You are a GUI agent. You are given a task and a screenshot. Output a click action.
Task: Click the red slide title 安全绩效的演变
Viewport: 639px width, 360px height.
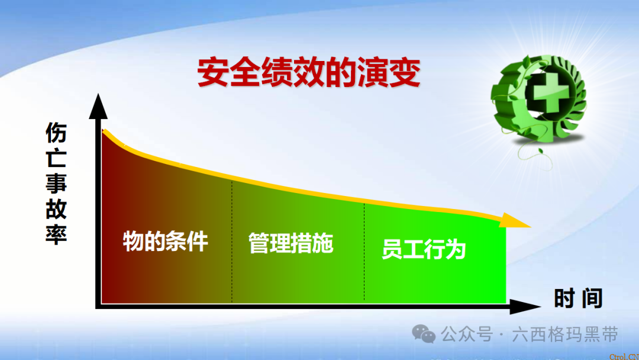point(308,73)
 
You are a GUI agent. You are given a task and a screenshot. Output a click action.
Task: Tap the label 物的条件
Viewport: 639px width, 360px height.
point(166,242)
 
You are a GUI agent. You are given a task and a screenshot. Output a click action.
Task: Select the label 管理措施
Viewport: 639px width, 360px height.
point(291,243)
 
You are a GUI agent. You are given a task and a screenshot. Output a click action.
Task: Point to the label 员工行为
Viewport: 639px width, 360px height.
point(424,249)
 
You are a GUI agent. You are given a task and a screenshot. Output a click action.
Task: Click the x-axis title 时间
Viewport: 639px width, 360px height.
point(577,298)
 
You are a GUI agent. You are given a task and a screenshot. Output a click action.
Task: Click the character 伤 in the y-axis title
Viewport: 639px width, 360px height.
point(57,133)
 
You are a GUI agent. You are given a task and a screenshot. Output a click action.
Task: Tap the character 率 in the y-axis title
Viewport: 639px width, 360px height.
point(57,232)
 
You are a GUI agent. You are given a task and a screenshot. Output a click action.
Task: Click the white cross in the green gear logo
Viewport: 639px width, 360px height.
point(541,94)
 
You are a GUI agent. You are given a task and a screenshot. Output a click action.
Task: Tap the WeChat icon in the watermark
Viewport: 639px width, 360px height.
point(424,335)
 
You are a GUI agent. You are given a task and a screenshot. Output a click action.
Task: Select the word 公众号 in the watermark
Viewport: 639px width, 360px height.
point(467,335)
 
